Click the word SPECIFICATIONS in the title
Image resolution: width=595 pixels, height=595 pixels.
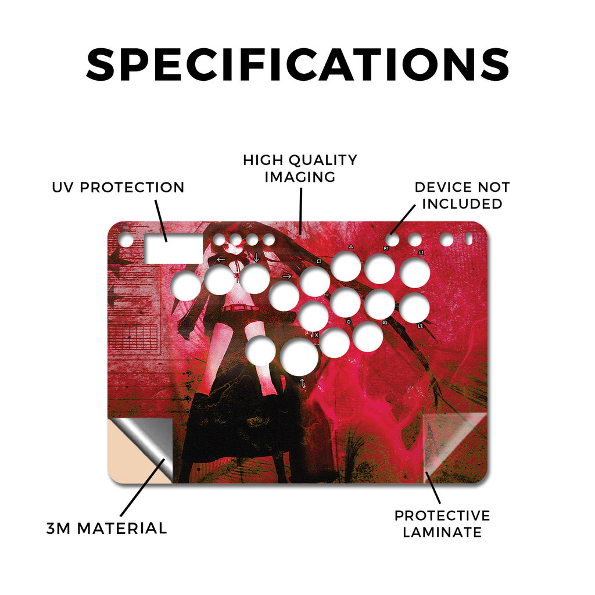pos(297,64)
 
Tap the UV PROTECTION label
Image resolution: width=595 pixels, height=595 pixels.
pos(118,188)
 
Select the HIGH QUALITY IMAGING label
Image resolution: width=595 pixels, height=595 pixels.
pos(300,169)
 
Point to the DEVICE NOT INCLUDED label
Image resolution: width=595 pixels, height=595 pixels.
pos(462,195)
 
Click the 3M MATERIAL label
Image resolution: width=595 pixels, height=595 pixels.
pos(107,529)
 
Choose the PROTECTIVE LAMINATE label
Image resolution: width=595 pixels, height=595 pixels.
pos(442,524)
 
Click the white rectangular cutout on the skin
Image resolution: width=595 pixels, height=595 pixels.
pos(174,249)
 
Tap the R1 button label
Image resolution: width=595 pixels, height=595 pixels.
pos(386,248)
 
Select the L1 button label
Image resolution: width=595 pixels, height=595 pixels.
pos(421,252)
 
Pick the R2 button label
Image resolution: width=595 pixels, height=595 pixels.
pos(385,323)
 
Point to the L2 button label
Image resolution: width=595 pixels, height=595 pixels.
pos(420,325)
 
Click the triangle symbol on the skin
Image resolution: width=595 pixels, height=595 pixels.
pos(351,246)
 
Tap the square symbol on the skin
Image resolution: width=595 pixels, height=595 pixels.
pos(319,261)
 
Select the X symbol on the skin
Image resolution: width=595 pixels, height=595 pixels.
pos(317,335)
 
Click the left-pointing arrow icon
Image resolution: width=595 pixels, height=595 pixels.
pos(221,260)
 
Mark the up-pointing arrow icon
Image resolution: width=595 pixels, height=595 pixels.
pos(302,382)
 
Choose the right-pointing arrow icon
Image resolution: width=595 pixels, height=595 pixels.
pos(287,276)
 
